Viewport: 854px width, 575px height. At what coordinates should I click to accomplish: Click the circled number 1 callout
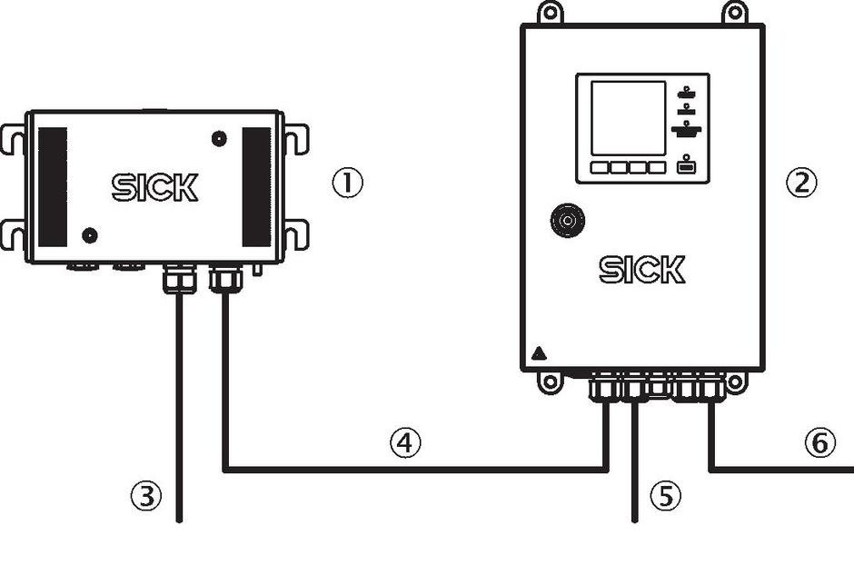click(347, 183)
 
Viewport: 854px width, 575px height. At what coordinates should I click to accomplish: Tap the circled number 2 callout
click(801, 183)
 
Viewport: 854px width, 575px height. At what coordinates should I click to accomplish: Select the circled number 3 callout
click(146, 496)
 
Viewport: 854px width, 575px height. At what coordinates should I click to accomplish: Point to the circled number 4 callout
click(405, 442)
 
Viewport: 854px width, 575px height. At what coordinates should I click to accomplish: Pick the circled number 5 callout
click(666, 496)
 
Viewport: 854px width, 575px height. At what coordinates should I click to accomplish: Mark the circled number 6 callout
click(819, 442)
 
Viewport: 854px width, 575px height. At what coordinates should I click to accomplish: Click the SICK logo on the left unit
click(154, 187)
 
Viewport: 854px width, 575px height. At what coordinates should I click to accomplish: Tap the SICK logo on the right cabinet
click(642, 270)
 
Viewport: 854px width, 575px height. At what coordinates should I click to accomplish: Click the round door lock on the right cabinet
click(568, 221)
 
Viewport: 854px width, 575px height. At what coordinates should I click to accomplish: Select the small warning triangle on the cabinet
click(539, 353)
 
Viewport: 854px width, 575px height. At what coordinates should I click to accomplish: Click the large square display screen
click(629, 118)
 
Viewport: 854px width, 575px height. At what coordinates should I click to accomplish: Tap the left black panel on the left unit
click(53, 187)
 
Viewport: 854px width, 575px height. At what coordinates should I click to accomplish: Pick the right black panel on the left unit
click(256, 187)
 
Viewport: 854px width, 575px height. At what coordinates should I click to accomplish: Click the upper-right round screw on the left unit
click(219, 139)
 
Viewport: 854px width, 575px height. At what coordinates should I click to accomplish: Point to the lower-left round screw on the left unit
click(90, 236)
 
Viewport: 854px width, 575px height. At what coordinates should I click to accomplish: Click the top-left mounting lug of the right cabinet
click(551, 12)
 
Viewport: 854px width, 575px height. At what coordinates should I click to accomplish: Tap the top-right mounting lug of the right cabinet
click(735, 12)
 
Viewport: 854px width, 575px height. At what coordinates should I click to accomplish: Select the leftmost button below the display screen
click(600, 167)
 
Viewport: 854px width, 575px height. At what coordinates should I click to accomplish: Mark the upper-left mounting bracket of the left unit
click(12, 140)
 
